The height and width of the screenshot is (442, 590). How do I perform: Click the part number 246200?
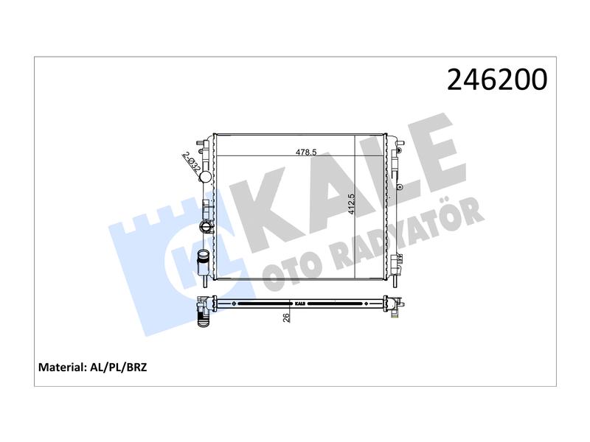point(497,80)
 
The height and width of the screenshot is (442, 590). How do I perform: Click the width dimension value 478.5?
point(306,152)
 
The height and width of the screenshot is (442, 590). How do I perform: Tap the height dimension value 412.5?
point(352,204)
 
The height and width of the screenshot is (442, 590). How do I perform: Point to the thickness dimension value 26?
point(286,318)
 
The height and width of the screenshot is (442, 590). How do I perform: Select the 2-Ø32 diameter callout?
point(192,161)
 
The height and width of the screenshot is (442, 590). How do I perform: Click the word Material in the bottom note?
point(63,367)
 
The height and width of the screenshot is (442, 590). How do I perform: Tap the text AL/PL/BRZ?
point(119,367)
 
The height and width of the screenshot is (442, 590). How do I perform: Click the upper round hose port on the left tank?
point(206,176)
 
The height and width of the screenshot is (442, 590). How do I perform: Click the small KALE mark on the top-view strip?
point(300,304)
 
